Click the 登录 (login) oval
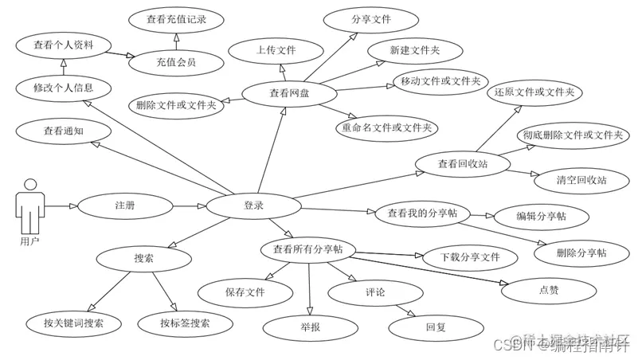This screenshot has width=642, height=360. tap(253, 206)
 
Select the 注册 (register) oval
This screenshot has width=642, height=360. tap(125, 206)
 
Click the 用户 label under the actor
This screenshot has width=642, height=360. tap(29, 240)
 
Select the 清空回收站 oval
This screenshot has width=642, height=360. tap(581, 180)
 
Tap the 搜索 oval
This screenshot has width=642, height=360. tap(144, 257)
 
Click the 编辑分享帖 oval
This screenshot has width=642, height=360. tap(541, 217)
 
